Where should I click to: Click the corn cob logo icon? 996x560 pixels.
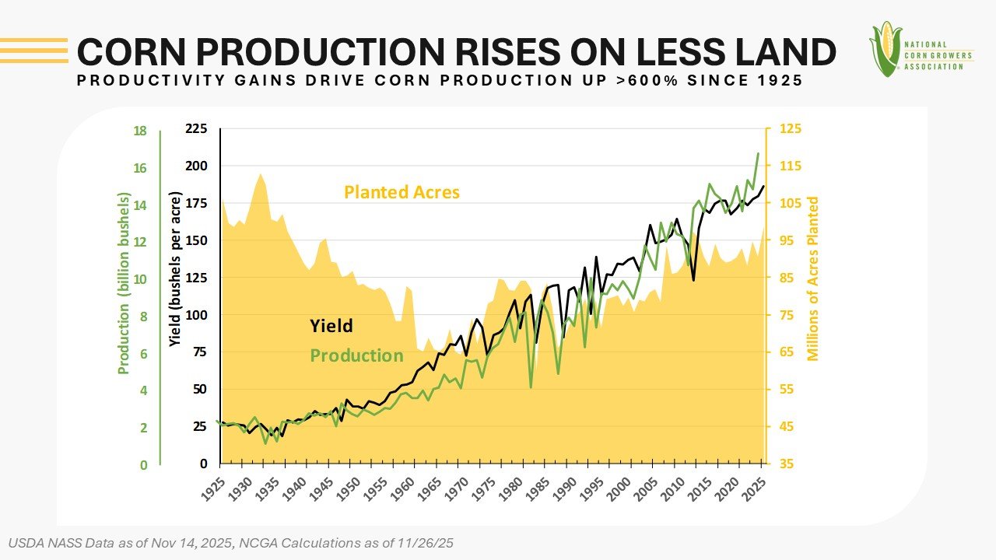click(x=885, y=48)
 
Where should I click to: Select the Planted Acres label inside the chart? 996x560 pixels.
click(x=402, y=192)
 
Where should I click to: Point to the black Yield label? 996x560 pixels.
click(x=331, y=326)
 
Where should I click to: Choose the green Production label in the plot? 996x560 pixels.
click(x=356, y=355)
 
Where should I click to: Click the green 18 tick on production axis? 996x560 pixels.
click(x=140, y=131)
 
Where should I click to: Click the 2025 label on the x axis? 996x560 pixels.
click(x=757, y=490)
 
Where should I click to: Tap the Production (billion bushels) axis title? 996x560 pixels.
click(x=123, y=284)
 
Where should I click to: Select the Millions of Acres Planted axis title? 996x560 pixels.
click(x=814, y=278)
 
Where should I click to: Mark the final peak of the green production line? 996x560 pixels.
click(x=758, y=153)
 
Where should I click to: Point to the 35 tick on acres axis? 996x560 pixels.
click(x=784, y=464)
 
